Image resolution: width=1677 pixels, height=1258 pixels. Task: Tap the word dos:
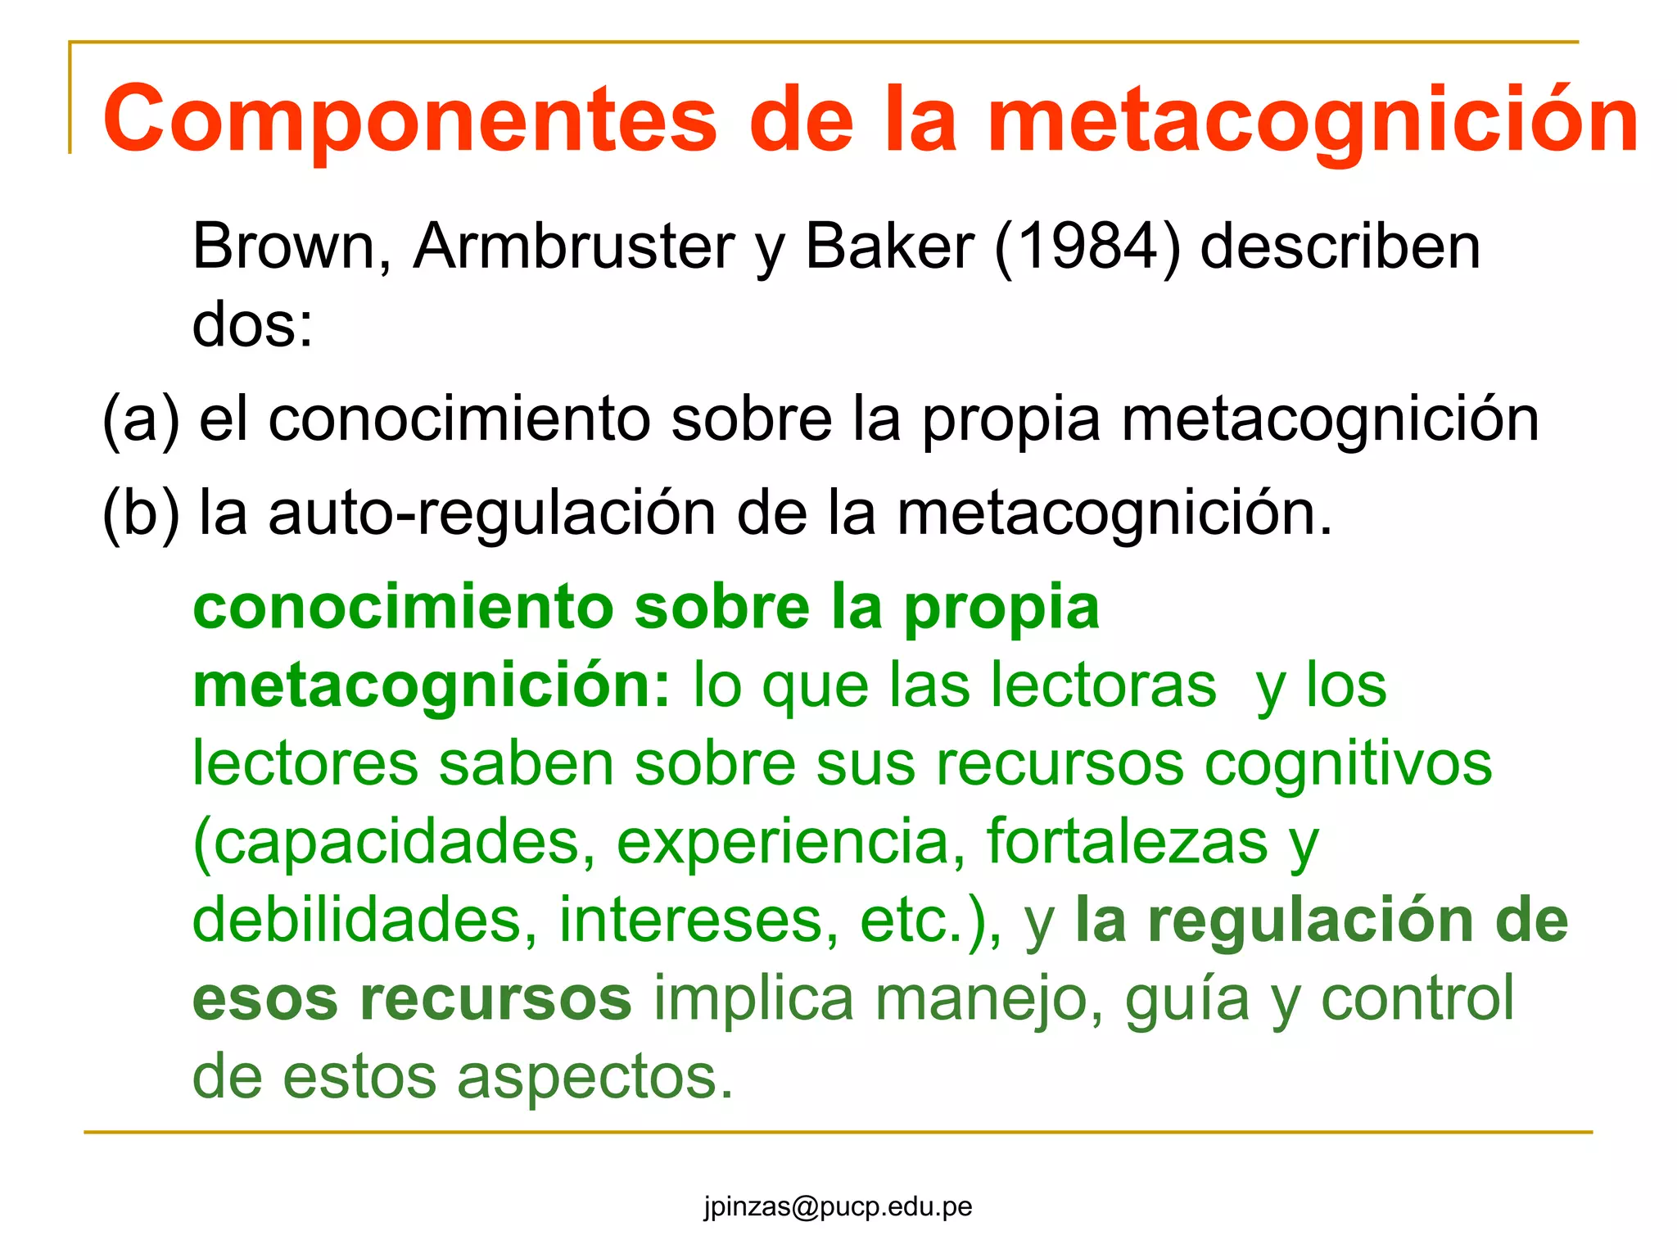[x=252, y=324]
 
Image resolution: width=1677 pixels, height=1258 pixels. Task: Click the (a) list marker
[x=140, y=419]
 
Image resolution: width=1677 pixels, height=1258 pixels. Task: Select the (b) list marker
[x=140, y=514]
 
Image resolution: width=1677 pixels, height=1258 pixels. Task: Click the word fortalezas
[x=1127, y=841]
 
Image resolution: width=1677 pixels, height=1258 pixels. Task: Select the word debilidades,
[x=365, y=919]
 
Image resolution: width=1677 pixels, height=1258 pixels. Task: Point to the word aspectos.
[x=594, y=1075]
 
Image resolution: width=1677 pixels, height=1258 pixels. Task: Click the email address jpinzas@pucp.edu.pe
[x=838, y=1206]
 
